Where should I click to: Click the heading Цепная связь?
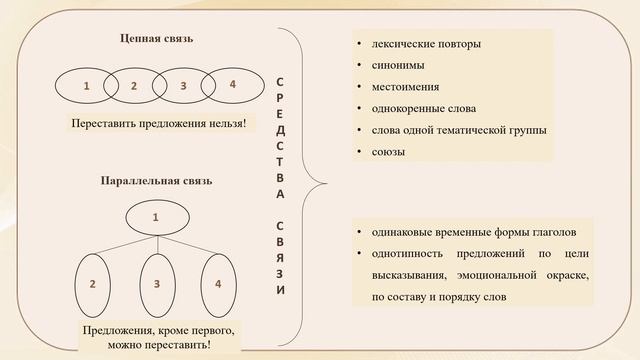click(157, 39)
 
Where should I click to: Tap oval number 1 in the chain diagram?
click(86, 85)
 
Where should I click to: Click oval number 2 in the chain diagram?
click(134, 85)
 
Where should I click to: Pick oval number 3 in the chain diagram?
click(183, 85)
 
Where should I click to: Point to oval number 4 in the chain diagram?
click(232, 84)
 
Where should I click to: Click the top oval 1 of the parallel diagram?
click(155, 216)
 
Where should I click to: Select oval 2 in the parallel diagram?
click(92, 284)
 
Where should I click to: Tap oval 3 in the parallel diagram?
click(157, 284)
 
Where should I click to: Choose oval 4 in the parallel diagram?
click(218, 284)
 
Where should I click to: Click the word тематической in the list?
click(472, 130)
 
